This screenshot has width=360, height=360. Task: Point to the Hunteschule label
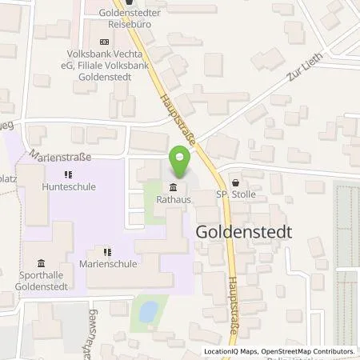coord(67,186)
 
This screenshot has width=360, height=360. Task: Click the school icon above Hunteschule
coord(68,173)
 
